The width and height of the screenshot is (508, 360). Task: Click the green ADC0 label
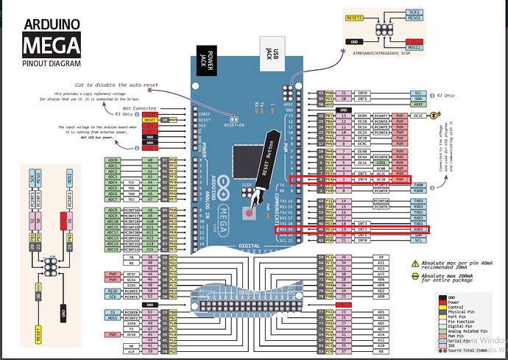pyautogui.click(x=113, y=158)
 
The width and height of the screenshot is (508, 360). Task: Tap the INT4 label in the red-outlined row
pyautogui.click(x=362, y=179)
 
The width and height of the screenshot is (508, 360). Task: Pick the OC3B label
pyautogui.click(x=381, y=179)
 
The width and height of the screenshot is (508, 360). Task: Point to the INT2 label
pyautogui.click(x=362, y=230)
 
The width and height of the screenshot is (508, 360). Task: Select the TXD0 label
pyautogui.click(x=418, y=185)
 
